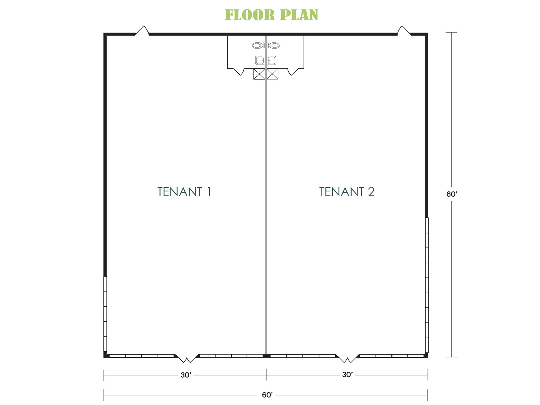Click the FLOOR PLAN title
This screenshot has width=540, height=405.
pyautogui.click(x=271, y=15)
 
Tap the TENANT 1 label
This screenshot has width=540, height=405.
pyautogui.click(x=184, y=192)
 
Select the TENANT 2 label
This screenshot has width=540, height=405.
pyautogui.click(x=347, y=192)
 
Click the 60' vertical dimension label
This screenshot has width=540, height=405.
pyautogui.click(x=452, y=194)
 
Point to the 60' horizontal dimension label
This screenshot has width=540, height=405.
pyautogui.click(x=267, y=395)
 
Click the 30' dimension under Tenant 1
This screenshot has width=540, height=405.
pyautogui.click(x=186, y=375)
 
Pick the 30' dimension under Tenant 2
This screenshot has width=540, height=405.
pyautogui.click(x=347, y=375)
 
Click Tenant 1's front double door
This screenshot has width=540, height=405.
pyautogui.click(x=187, y=358)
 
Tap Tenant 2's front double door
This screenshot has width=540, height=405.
pyautogui.click(x=348, y=358)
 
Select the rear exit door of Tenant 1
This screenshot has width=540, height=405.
pyautogui.click(x=142, y=31)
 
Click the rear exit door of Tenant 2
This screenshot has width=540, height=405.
pyautogui.click(x=404, y=31)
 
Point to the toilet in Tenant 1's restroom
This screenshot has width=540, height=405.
pyautogui.click(x=258, y=45)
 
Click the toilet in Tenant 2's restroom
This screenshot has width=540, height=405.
pyautogui.click(x=274, y=45)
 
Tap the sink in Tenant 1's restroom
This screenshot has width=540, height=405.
pyautogui.click(x=260, y=60)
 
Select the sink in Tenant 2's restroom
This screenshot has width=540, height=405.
pyautogui.click(x=272, y=60)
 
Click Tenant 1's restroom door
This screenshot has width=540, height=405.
pyautogui.click(x=239, y=71)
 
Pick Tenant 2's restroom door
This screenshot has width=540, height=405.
pyautogui.click(x=293, y=71)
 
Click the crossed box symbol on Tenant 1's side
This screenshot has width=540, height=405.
pyautogui.click(x=259, y=74)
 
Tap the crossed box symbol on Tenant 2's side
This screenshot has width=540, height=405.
pyautogui.click(x=273, y=74)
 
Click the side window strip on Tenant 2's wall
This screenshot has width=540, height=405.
pyautogui.click(x=427, y=285)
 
